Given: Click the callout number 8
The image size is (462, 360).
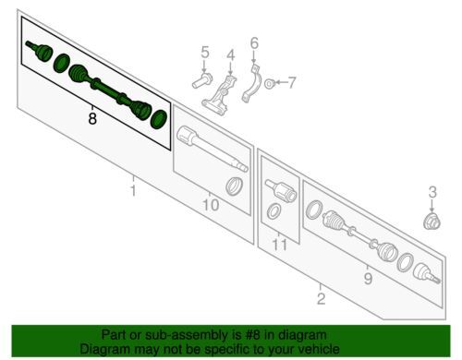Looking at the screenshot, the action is click(92, 118).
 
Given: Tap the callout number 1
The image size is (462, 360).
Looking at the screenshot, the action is click(133, 190).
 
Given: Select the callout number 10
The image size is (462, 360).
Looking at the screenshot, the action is click(211, 205).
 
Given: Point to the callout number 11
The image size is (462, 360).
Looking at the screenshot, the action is click(280, 245).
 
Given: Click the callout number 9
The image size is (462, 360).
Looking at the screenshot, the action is click(368, 279).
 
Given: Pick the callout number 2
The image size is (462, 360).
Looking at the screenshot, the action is click(321, 298).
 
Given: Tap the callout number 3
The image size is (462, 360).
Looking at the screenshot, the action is click(432, 192).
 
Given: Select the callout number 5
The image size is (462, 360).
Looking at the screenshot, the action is click(205, 52).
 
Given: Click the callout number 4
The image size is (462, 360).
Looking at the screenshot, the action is click(231, 55).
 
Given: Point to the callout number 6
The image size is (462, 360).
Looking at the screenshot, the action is click(254, 43).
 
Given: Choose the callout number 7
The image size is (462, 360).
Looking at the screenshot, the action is click(291, 82).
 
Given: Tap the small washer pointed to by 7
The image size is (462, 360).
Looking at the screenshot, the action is click(270, 83).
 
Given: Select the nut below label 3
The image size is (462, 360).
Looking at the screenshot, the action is click(432, 221).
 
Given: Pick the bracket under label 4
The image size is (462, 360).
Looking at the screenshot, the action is click(220, 95).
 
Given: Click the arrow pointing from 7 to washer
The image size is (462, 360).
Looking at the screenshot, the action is click(280, 82).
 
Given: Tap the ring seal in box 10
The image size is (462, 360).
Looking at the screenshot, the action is click(234, 186).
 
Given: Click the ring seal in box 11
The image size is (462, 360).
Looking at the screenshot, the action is click(274, 211).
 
